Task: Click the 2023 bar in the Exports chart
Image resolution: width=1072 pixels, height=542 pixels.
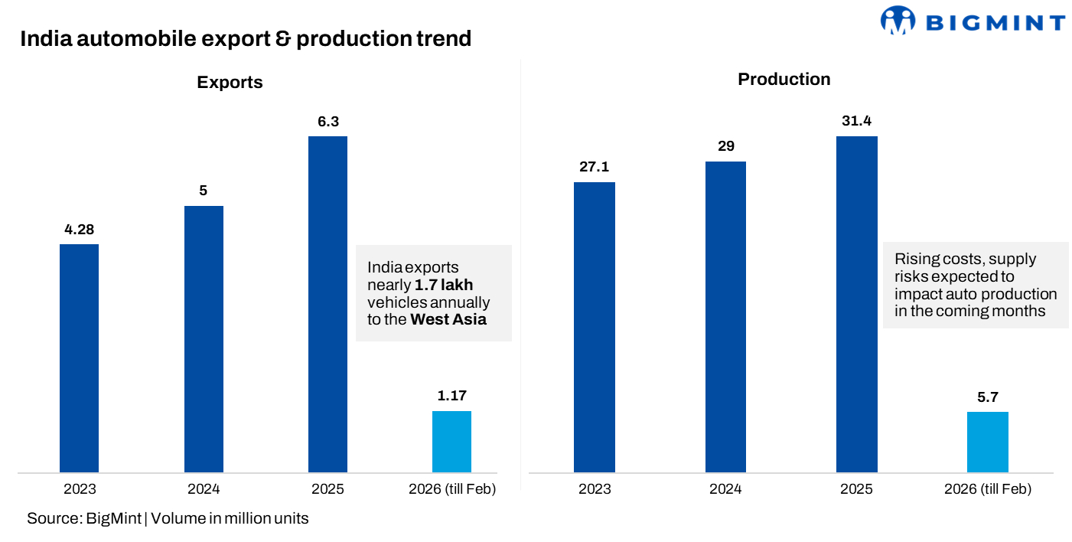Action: point(79,358)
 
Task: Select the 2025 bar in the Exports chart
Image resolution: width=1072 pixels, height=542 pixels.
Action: point(327,304)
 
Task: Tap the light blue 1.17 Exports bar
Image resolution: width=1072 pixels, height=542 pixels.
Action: point(451,442)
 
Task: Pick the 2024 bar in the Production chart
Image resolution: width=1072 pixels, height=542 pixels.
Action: point(725,317)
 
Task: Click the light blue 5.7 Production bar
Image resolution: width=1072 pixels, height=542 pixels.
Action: point(987,442)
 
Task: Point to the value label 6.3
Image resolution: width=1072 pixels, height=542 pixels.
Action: point(327,121)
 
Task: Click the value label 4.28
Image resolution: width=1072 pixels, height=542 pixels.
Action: point(79,229)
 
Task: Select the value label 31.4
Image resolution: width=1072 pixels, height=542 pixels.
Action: point(856,121)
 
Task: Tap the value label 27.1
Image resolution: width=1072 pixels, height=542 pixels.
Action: point(594,167)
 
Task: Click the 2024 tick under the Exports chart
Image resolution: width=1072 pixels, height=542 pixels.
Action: point(204,489)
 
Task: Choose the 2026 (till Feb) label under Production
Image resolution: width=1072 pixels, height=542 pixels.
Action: point(987,489)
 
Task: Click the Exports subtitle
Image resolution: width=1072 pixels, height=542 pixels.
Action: point(230,83)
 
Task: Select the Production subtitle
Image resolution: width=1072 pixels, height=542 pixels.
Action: point(784,80)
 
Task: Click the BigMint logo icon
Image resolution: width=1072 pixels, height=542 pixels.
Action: point(898,21)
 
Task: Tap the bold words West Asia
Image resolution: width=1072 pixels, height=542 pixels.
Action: point(448,319)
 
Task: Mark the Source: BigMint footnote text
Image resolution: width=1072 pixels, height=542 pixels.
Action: point(84,518)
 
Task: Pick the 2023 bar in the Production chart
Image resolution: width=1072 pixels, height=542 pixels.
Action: point(594,327)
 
